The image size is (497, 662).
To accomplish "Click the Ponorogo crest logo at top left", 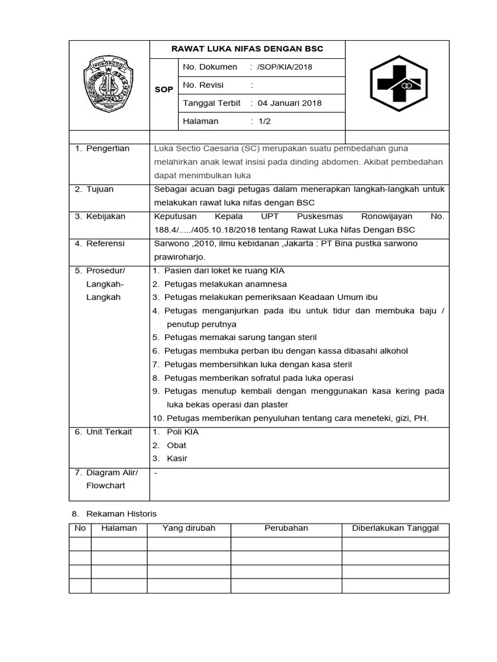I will pos(108,85).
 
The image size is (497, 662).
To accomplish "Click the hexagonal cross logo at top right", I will pos(398,85).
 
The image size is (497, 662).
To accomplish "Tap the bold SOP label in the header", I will pos(164,89).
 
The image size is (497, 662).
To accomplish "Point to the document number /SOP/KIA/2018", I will pos(284,67).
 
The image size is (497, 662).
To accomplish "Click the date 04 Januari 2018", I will pos(289,103).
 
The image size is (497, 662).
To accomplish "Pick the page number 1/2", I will pos(264,121).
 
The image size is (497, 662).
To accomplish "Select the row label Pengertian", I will pos(107,148).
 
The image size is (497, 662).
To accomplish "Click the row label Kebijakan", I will pos(105,216).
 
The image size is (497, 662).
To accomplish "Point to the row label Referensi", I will pos(105,243).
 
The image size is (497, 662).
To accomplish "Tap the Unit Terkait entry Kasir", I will pos(177,458).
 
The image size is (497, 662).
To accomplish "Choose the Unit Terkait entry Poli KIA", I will pos(182,431).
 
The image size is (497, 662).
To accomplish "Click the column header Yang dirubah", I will pos(189,528).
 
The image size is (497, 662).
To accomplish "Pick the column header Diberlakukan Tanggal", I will pos(395,528).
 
